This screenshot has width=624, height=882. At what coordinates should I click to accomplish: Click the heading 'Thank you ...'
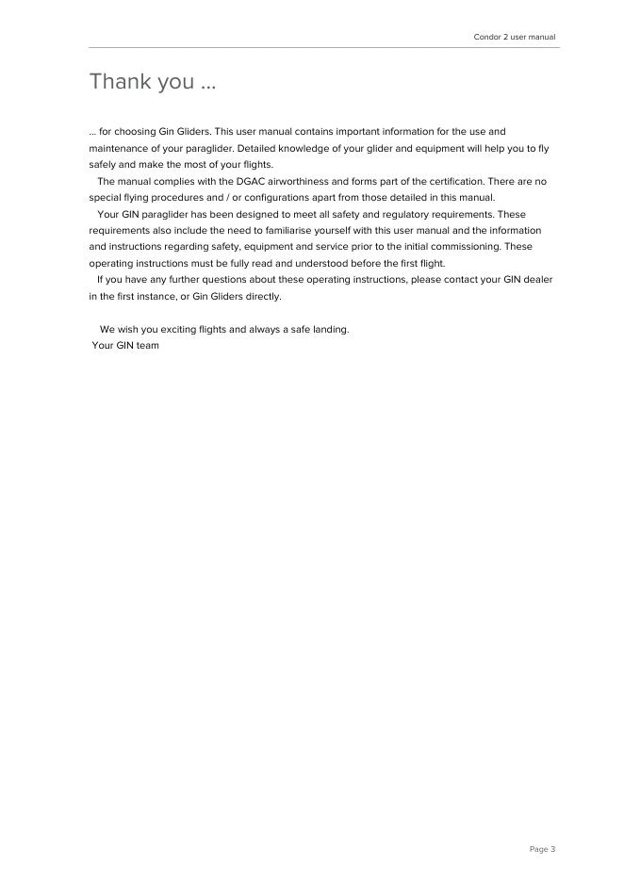[x=153, y=82]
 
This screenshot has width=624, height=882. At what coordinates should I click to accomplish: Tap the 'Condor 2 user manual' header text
[x=514, y=37]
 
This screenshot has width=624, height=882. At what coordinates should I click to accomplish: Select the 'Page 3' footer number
[x=542, y=849]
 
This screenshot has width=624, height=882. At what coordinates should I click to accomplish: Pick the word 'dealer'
[x=538, y=280]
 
